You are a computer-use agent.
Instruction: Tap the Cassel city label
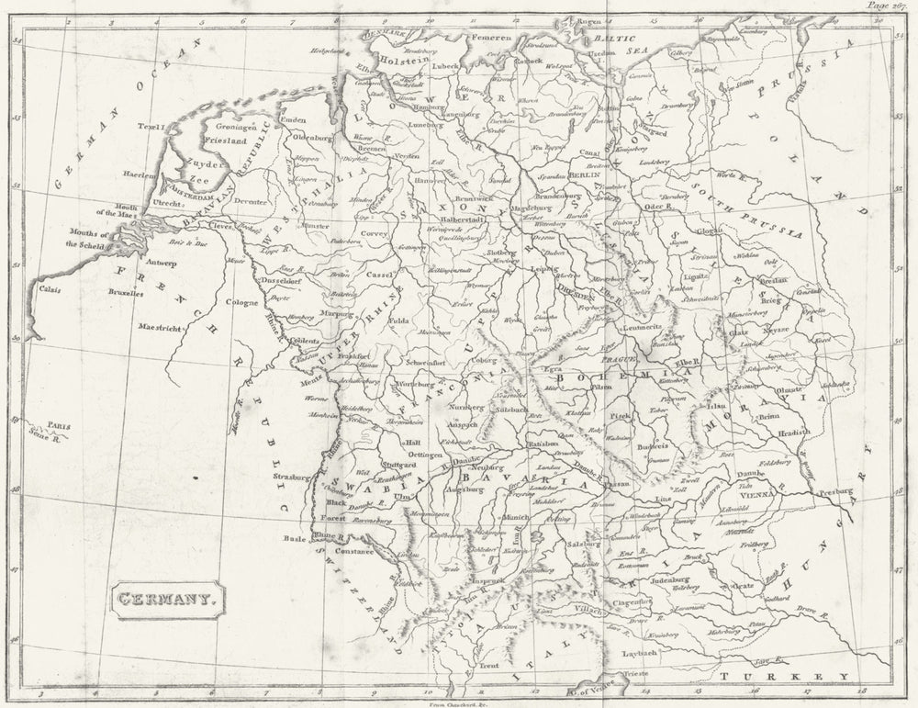380,275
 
